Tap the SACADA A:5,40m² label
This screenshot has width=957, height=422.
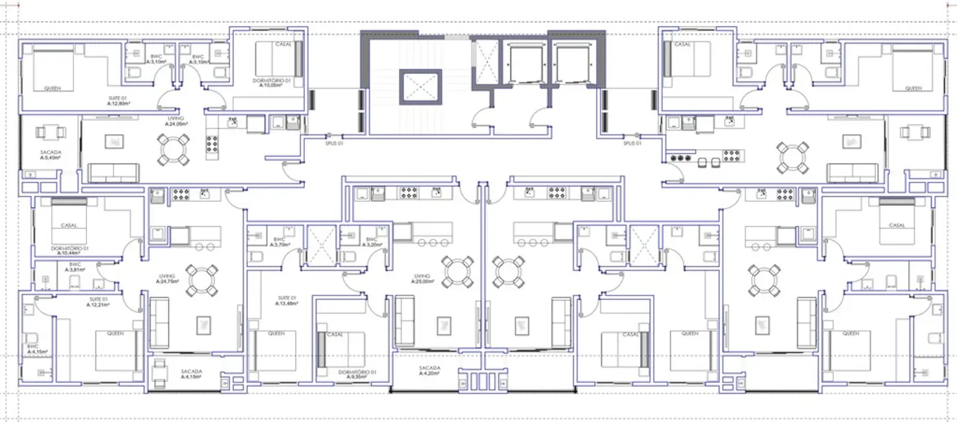tap(50, 155)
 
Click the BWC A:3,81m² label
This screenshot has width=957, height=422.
tap(75, 267)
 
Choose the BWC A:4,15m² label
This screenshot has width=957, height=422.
tap(33, 349)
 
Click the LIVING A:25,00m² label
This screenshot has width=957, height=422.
tap(422, 279)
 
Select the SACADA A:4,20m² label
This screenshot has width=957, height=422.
tap(429, 371)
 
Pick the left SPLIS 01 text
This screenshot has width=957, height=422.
tap(334, 143)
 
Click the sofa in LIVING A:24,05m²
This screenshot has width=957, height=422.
tap(114, 172)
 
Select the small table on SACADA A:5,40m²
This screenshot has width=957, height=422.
tap(51, 132)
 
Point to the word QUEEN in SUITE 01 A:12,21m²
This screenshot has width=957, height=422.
tap(115, 334)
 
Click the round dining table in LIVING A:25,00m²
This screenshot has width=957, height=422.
tap(457, 272)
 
